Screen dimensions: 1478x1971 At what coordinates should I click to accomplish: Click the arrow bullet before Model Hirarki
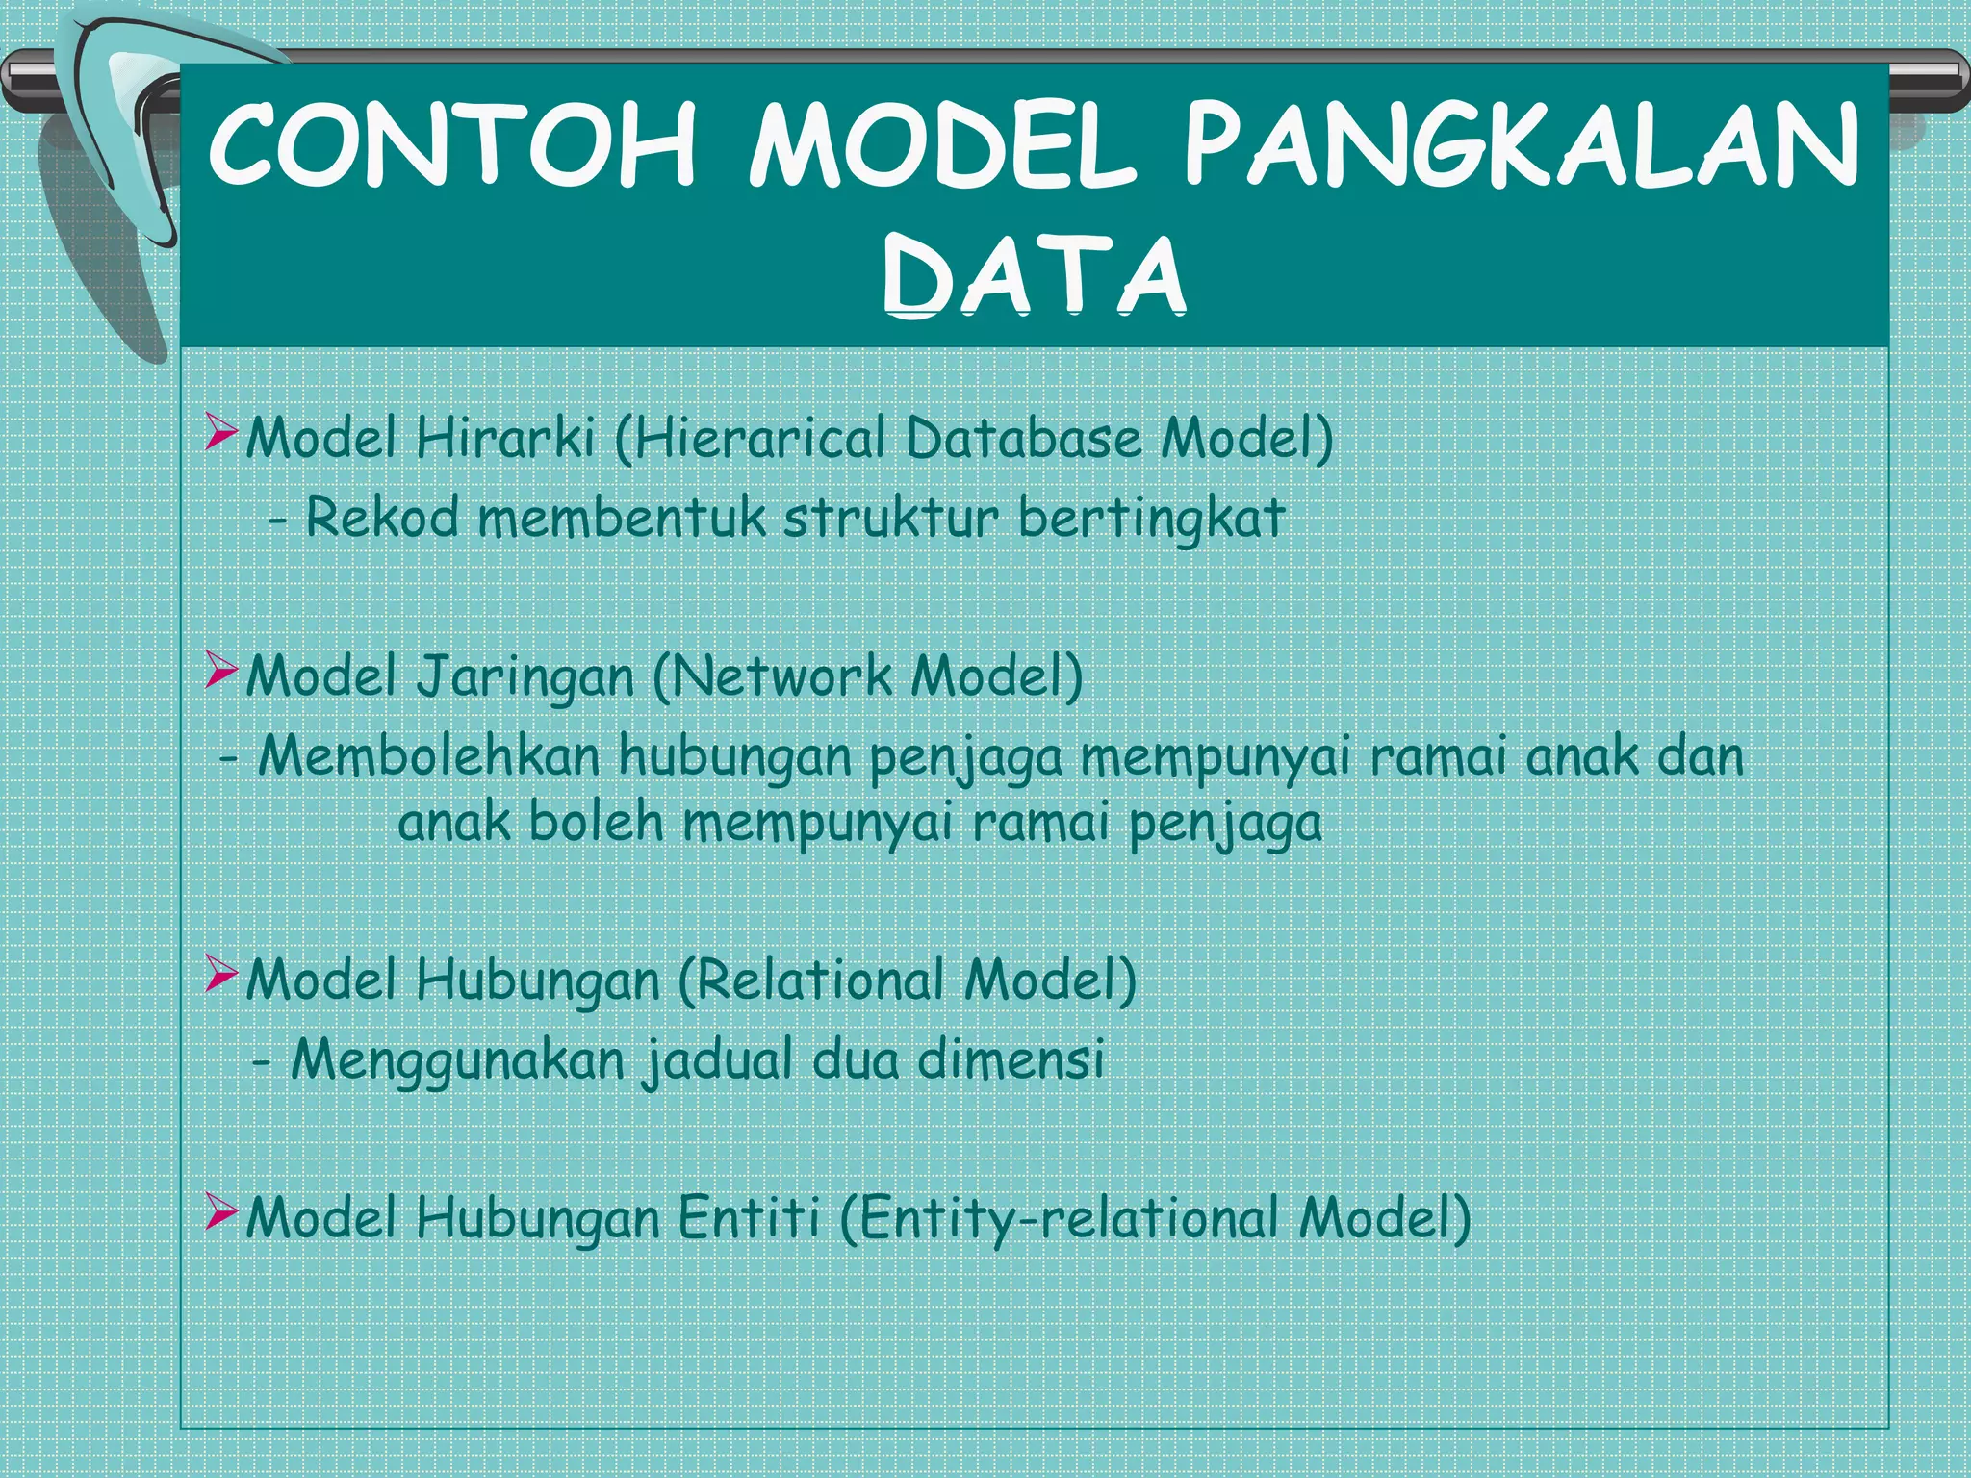(x=220, y=434)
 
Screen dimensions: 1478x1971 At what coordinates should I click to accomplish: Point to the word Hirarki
(x=505, y=438)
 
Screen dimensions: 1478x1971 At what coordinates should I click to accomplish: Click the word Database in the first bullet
(x=1022, y=438)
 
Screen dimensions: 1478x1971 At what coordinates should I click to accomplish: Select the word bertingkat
(x=1151, y=519)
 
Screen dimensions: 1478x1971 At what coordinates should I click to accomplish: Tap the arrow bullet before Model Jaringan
(x=220, y=673)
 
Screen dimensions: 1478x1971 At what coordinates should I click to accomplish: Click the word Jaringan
(x=525, y=676)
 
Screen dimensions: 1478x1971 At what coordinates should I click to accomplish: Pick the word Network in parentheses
(x=781, y=675)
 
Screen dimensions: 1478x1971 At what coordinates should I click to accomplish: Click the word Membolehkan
(x=429, y=755)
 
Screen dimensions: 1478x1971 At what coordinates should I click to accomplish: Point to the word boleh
(x=597, y=824)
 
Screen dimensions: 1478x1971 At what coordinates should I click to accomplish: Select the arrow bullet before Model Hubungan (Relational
(x=220, y=976)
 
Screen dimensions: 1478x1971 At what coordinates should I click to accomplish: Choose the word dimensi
(x=1010, y=1058)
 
